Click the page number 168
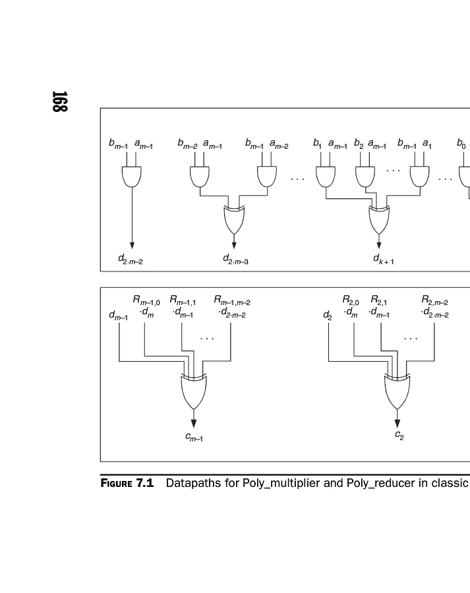[x=59, y=101]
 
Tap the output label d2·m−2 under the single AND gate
[x=131, y=260]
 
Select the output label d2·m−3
[x=235, y=260]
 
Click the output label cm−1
[x=194, y=437]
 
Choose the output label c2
[x=399, y=435]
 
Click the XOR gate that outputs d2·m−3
[x=234, y=220]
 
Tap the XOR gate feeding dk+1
[x=379, y=220]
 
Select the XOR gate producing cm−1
[x=193, y=392]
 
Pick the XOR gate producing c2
[x=397, y=392]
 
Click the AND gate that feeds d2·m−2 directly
[x=132, y=176]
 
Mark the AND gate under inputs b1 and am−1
[x=325, y=176]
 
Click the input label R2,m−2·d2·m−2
[x=435, y=307]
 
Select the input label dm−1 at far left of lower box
[x=119, y=316]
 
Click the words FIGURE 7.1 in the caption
[x=127, y=483]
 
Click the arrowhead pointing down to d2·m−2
[x=132, y=245]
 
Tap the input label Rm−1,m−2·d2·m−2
[x=232, y=307]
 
